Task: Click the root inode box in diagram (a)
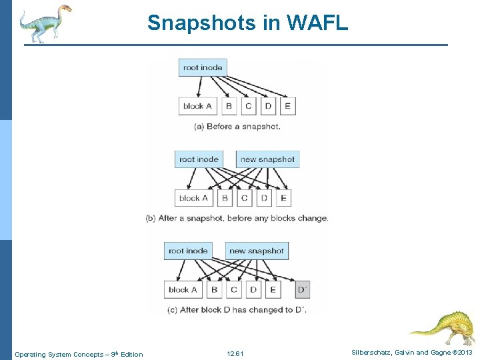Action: [203, 67]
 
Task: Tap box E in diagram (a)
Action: [287, 105]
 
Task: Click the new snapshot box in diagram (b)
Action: [267, 159]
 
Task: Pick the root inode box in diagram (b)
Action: [199, 159]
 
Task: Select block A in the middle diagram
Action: [193, 197]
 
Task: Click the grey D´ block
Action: [302, 289]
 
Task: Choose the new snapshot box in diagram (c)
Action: [256, 251]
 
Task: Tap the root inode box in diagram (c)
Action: [188, 251]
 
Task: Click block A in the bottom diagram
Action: [183, 289]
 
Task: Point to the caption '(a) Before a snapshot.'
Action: [237, 126]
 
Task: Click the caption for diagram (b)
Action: [237, 218]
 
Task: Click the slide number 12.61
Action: [235, 353]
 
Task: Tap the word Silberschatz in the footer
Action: [368, 353]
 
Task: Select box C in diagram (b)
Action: [244, 197]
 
